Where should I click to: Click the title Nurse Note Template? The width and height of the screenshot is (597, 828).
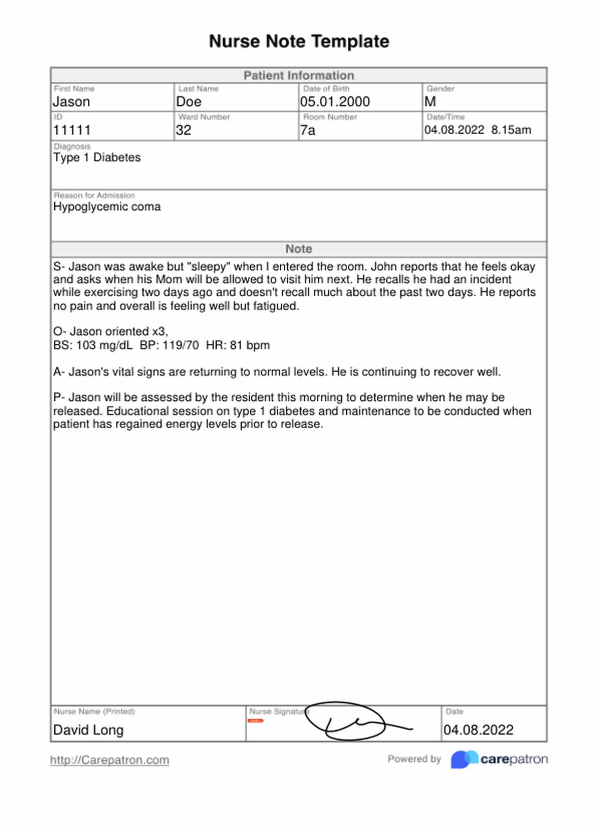pos(298,41)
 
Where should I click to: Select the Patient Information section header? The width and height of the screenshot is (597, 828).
pos(298,76)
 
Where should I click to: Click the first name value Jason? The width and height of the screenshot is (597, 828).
pos(72,102)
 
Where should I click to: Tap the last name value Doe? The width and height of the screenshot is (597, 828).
pos(188,102)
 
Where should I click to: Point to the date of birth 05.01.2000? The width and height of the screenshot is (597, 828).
pos(335,102)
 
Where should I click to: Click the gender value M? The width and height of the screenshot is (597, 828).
pos(430,102)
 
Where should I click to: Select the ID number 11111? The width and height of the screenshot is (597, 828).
pos(72,130)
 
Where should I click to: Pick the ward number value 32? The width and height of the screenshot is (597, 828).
pos(183,130)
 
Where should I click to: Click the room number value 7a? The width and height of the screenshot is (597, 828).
pos(307,131)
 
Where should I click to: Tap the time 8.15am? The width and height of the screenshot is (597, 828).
pos(511,130)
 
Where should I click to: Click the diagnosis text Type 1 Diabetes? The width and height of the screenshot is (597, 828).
pos(97,157)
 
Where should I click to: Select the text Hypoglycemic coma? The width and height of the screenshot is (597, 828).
pos(107,207)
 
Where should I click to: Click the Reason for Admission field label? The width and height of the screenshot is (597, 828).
pos(94,196)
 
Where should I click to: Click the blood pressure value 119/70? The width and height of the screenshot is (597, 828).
pos(180,345)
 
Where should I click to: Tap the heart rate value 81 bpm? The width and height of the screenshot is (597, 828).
pos(249,345)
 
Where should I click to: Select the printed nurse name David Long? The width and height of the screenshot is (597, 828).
pos(88,730)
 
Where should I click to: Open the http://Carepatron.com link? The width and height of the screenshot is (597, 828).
pos(109,760)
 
